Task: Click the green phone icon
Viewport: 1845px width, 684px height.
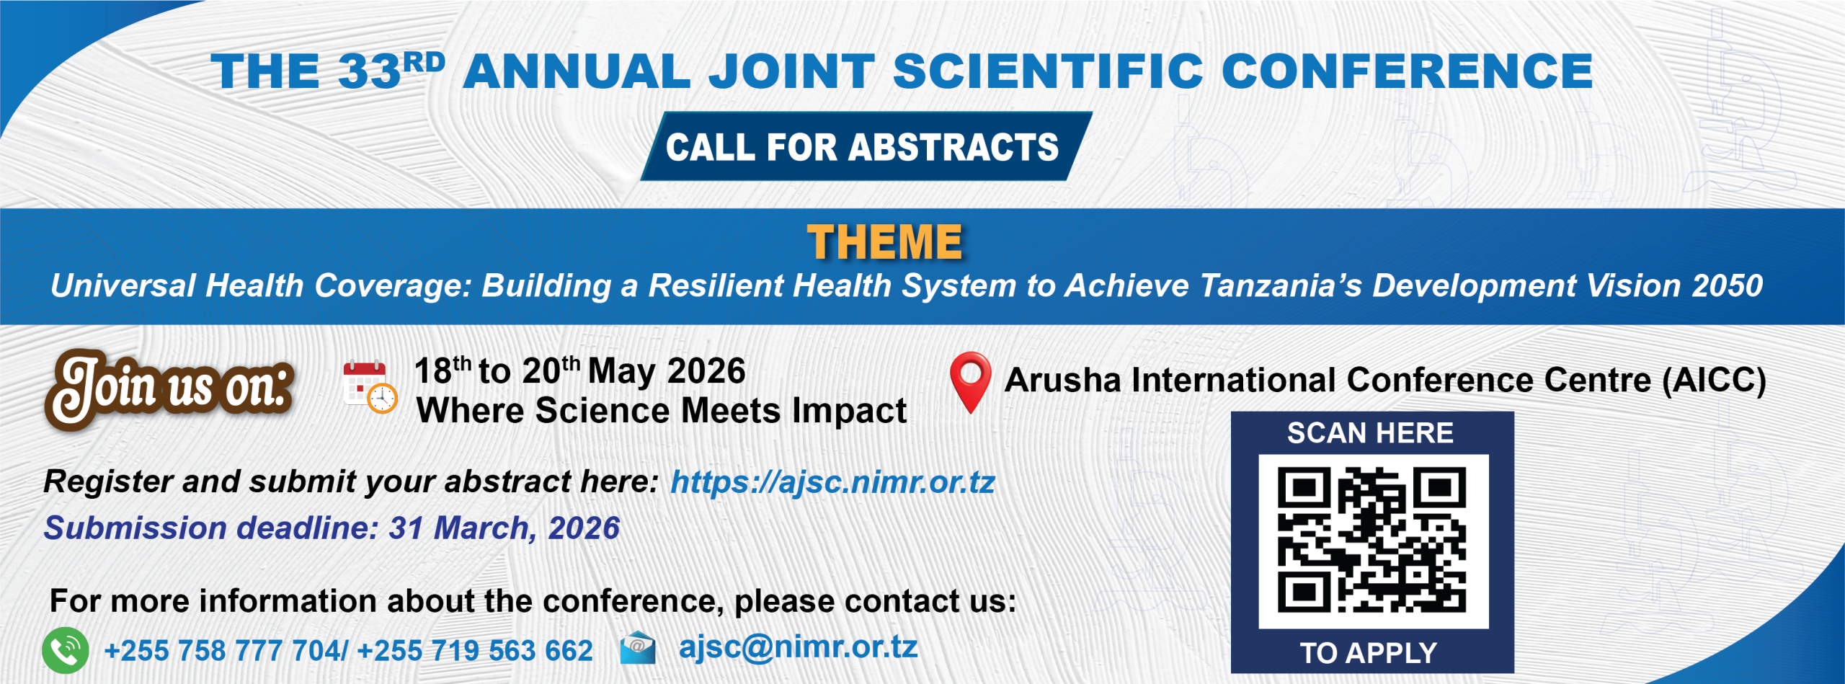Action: [x=66, y=650]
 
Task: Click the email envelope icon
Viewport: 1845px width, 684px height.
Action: [x=638, y=647]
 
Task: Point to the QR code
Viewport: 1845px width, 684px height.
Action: [x=1372, y=541]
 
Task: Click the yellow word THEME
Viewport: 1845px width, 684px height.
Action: [x=885, y=242]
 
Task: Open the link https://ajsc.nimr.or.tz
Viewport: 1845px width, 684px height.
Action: [x=832, y=482]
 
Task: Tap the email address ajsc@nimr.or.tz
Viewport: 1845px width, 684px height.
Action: [x=798, y=647]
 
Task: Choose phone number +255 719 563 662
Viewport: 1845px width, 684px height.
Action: [x=475, y=651]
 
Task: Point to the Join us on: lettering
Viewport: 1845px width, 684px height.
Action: [x=170, y=388]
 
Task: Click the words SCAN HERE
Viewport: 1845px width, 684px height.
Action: [x=1370, y=433]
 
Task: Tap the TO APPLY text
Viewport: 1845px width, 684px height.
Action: [x=1369, y=653]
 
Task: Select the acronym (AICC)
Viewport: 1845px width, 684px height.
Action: [x=1714, y=381]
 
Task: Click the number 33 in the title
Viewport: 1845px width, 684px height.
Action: [x=369, y=71]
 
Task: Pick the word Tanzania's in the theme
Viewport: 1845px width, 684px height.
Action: [x=1281, y=285]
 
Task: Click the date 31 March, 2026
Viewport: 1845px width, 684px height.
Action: [x=504, y=528]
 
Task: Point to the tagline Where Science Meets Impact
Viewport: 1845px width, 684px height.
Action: [x=662, y=411]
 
